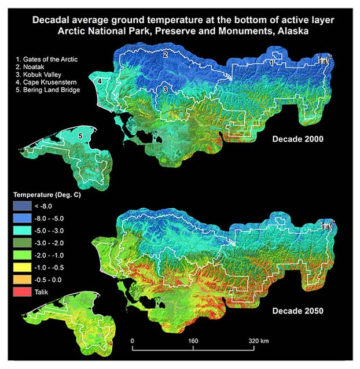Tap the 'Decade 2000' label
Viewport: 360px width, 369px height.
pos(297,139)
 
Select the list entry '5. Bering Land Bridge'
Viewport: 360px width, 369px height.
pos(49,90)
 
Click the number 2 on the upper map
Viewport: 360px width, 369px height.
pos(165,54)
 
